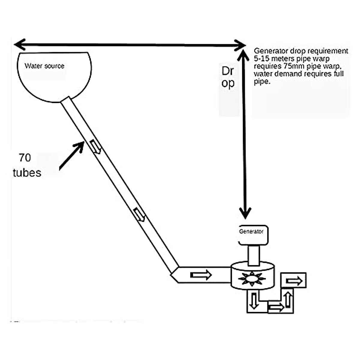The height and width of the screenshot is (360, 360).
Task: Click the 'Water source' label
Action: [x=44, y=66]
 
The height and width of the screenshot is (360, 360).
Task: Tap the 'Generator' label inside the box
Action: [x=251, y=232]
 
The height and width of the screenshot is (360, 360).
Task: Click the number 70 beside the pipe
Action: [x=25, y=158]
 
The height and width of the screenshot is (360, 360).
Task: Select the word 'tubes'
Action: [x=27, y=173]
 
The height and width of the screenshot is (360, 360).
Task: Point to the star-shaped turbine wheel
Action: [x=252, y=278]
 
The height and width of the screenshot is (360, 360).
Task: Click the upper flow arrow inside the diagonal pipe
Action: [x=95, y=147]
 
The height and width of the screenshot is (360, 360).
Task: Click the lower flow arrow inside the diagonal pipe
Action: [x=139, y=214]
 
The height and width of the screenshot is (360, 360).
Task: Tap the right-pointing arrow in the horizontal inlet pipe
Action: [x=201, y=275]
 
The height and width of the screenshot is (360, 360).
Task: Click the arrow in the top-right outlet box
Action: [x=294, y=281]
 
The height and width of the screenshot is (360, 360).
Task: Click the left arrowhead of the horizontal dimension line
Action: [x=19, y=44]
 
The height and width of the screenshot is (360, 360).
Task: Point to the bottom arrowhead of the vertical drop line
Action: [x=245, y=213]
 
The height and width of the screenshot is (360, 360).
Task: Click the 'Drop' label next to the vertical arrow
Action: [x=228, y=76]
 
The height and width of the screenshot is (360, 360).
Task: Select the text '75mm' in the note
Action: [x=292, y=66]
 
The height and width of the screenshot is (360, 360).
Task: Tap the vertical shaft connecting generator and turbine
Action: [x=254, y=256]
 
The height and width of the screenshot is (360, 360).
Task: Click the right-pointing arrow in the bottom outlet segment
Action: [x=276, y=307]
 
